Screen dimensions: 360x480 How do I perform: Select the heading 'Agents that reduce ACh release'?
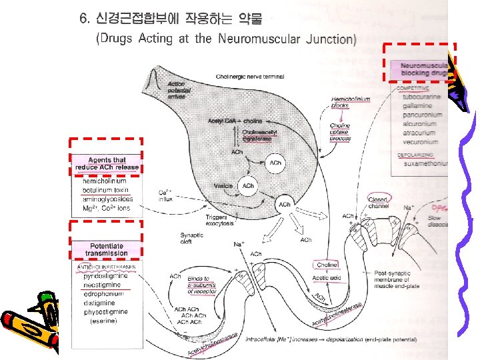(x=107, y=163)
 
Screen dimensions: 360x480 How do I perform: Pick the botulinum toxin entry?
(x=105, y=190)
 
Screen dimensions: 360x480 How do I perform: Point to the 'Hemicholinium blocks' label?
(x=349, y=102)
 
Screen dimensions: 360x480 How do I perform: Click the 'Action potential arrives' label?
(x=177, y=90)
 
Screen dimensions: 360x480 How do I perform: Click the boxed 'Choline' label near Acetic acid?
(x=327, y=265)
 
